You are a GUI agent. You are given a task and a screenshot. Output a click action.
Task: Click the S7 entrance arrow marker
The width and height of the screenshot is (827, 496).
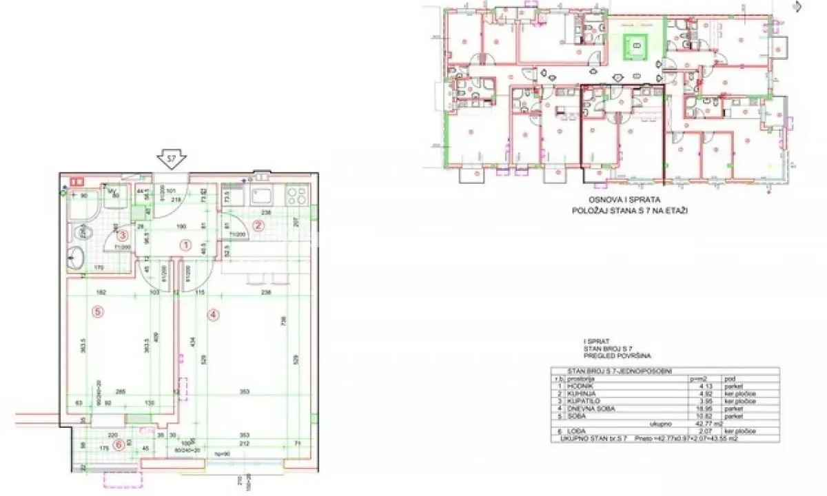point(170,160)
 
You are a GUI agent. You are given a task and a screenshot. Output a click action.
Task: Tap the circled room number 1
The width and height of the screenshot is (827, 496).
point(185,244)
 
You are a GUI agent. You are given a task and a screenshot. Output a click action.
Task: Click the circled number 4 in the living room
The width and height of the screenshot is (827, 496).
point(214,315)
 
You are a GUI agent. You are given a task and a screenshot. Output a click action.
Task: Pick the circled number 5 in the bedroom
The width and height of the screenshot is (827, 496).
point(98,311)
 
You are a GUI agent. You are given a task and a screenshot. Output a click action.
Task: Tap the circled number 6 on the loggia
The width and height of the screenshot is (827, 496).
point(119,444)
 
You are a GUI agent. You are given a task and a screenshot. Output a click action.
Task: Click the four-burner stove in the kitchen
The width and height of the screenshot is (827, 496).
point(298,196)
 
